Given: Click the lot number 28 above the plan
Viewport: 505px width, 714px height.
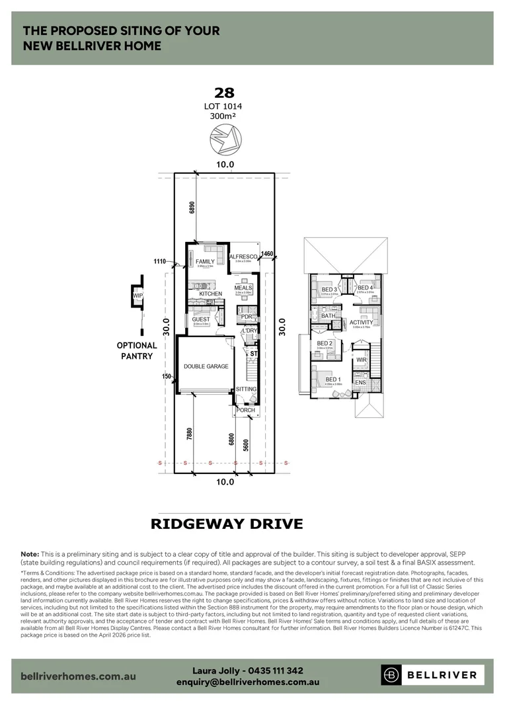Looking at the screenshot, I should pos(225,93).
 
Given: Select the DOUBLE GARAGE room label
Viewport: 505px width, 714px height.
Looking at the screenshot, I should pos(206,366).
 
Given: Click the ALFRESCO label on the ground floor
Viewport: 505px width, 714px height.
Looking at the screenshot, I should pos(243,257).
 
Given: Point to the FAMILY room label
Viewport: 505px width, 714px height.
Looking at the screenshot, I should pos(205,262).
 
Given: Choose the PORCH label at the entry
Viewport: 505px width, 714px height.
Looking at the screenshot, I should pos(246,411).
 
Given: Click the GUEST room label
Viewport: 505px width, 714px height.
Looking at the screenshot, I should pos(201,319).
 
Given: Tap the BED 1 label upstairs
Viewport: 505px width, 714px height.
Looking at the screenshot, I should pos(332,379).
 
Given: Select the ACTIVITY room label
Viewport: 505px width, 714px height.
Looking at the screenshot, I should pos(362,323).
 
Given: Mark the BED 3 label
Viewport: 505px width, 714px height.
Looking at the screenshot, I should pos(329,290).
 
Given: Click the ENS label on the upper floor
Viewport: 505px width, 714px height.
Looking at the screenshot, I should pos(360,383).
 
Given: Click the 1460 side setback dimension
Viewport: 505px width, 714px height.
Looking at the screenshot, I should pos(267,253).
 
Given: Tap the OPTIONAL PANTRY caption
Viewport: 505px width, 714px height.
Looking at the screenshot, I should pos(137,350).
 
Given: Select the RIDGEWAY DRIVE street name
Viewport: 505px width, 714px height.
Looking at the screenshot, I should pos(227,524).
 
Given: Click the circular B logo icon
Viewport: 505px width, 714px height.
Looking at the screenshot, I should pos(392,675).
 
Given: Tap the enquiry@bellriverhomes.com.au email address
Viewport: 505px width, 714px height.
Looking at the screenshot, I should pos(248,682).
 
